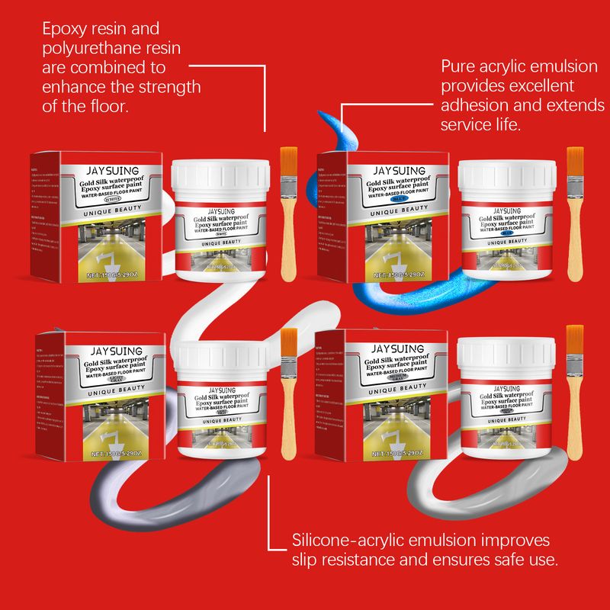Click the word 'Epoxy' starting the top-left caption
pos(64,30)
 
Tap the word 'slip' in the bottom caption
pos(306,560)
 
